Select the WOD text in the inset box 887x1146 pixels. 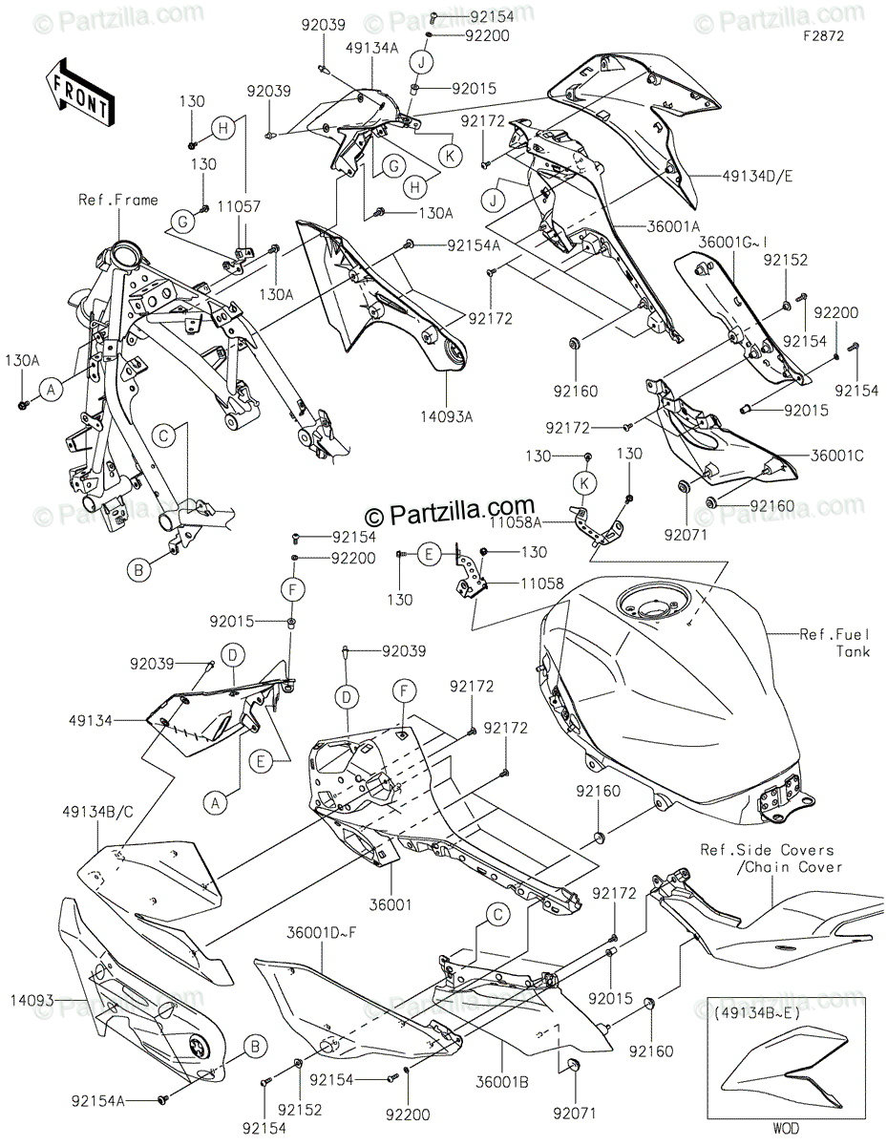pos(786,1129)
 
